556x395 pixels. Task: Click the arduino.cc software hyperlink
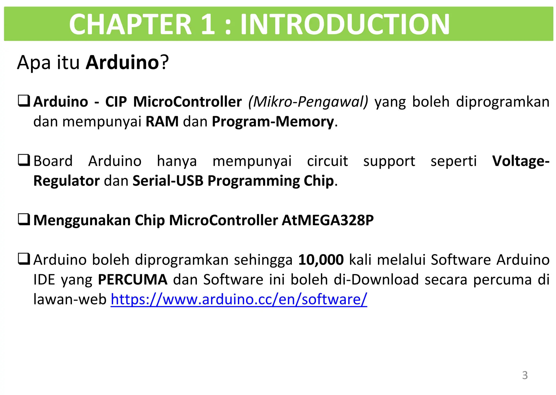239,300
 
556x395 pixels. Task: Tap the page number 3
525,375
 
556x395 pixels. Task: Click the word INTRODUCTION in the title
345,24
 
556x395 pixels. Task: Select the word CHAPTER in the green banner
130,24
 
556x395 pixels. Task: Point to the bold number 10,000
321,260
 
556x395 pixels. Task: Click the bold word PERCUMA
132,279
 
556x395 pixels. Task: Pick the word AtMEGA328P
328,220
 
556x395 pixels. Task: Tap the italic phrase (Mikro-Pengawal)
308,102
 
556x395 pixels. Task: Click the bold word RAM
162,121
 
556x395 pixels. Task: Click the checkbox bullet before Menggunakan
24,219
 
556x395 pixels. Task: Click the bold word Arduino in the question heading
122,62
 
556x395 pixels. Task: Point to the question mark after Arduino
164,62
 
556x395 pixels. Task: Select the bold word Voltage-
521,161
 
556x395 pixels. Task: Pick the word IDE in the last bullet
44,279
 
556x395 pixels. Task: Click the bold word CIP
116,102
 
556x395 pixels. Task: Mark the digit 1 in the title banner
208,24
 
